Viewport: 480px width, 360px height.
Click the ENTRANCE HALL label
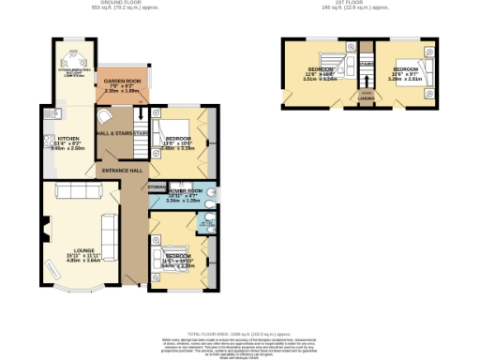point(123,171)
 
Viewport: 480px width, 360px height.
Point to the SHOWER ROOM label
point(184,190)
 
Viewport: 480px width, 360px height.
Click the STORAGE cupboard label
point(158,187)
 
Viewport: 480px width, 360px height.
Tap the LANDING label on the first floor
point(367,94)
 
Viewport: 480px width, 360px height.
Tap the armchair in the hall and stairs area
point(105,116)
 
